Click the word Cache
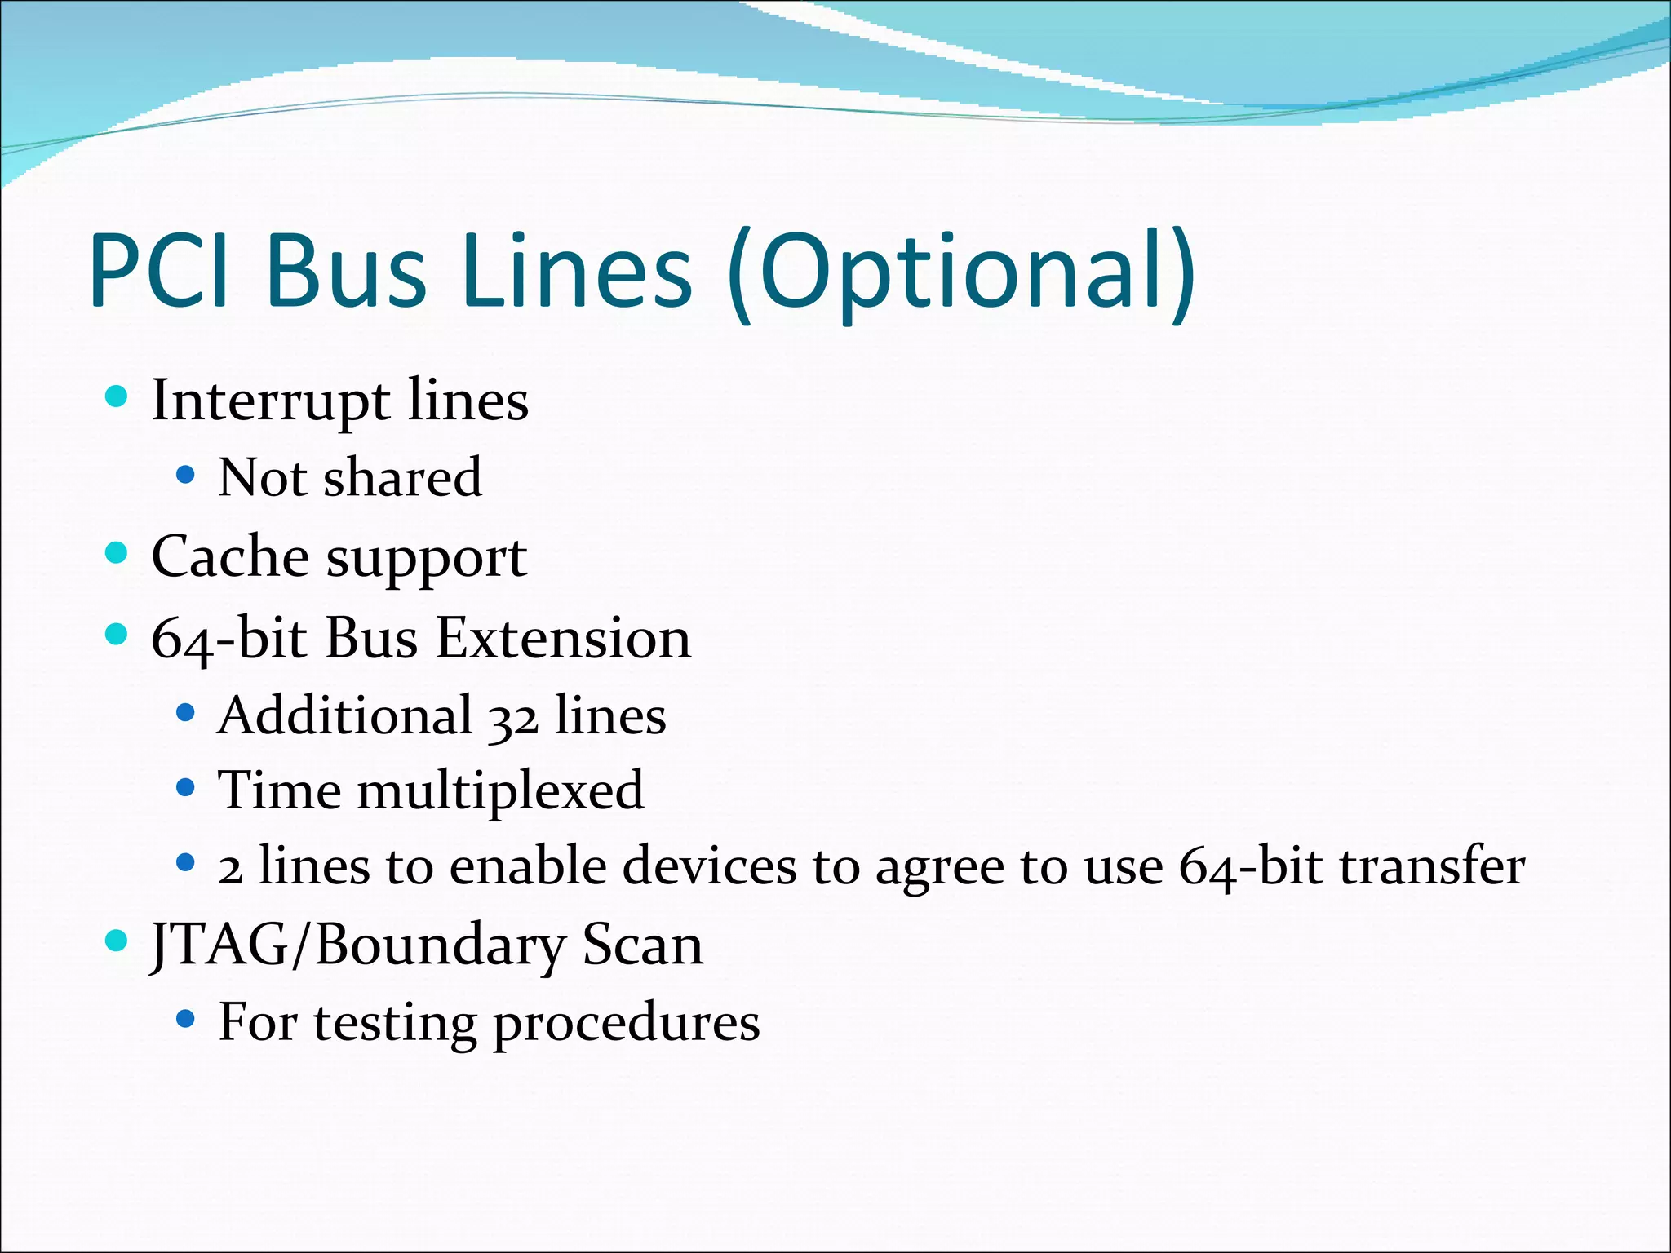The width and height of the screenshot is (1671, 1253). [x=229, y=557]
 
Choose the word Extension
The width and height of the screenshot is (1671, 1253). [x=563, y=638]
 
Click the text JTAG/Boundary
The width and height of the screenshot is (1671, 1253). [x=357, y=946]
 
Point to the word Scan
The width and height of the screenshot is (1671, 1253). [x=642, y=946]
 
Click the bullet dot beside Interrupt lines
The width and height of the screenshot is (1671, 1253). [x=117, y=397]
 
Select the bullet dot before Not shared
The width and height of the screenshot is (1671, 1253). [x=185, y=475]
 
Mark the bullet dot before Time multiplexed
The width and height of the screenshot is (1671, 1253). [x=185, y=788]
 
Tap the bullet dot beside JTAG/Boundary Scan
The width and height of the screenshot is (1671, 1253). [x=117, y=941]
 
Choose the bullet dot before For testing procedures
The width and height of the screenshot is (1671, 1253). [x=185, y=1019]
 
